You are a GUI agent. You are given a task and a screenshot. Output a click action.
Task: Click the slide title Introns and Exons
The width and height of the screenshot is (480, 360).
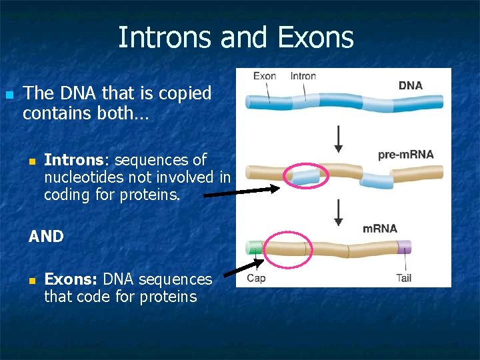point(235,37)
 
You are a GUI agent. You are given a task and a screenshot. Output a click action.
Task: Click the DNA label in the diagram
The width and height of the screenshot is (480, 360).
point(410,85)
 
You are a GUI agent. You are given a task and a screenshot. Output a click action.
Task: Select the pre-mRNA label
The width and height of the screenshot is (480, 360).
point(405,155)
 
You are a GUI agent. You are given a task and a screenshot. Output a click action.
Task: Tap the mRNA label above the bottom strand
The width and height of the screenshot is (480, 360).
point(379,229)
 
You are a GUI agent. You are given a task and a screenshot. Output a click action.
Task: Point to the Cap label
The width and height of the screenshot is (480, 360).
point(256,278)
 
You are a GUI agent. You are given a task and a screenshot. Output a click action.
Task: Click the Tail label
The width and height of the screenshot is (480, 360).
point(403,278)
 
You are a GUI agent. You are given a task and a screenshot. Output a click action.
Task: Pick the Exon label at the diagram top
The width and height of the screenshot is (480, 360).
point(264,76)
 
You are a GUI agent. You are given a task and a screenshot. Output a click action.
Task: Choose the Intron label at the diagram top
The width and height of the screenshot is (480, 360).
point(303,76)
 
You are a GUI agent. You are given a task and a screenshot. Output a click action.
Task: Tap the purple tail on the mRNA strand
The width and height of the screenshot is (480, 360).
point(404,248)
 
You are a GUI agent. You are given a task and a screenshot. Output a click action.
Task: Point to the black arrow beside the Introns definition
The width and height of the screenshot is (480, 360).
point(241,192)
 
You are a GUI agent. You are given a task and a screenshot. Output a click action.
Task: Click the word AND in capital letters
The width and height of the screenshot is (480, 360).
point(47,237)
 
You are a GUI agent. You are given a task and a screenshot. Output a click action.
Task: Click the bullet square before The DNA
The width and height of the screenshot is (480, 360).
point(9,95)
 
